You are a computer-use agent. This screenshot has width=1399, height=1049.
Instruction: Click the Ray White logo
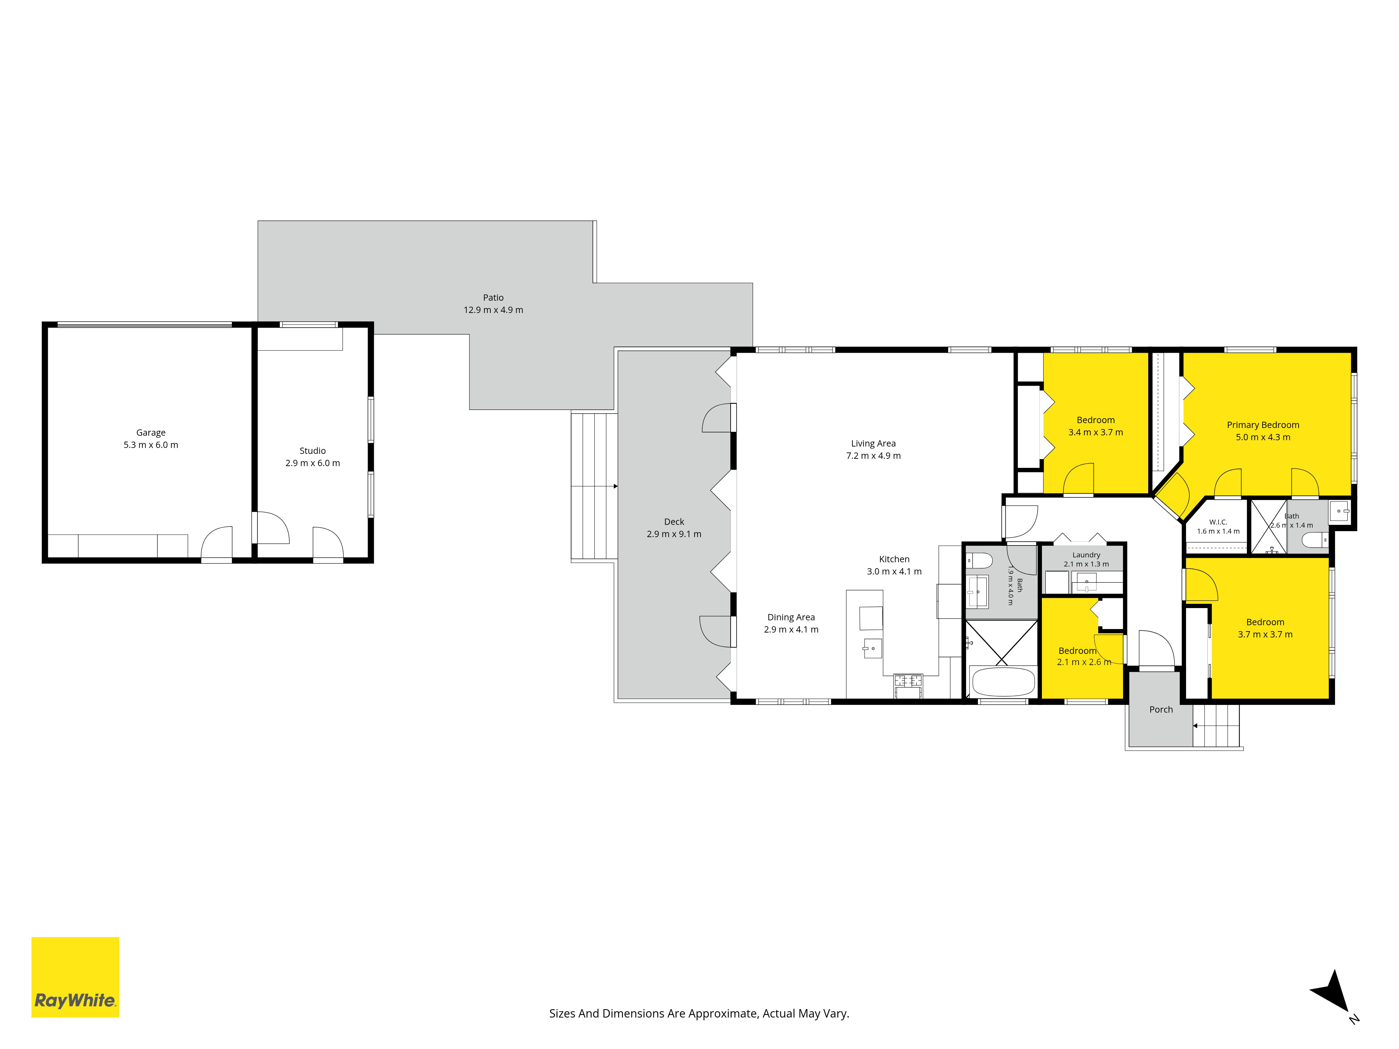point(75,977)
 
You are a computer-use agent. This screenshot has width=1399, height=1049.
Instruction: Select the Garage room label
point(150,433)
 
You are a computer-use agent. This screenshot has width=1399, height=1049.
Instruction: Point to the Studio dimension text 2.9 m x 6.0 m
point(312,463)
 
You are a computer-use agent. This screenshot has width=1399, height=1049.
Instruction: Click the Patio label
point(493,297)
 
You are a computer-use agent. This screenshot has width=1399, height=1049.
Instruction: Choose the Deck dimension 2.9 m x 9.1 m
point(674,534)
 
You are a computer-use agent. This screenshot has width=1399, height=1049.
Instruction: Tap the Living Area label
point(873,443)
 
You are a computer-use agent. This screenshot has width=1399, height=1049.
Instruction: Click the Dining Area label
point(791,617)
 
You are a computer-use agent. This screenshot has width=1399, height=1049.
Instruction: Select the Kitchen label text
point(894,559)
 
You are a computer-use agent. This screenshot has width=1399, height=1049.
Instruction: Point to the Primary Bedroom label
point(1263,425)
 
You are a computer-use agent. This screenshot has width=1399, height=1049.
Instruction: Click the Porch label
point(1160,709)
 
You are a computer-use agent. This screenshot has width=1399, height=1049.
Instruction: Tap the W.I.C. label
point(1218,522)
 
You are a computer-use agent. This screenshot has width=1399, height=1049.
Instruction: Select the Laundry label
point(1086,555)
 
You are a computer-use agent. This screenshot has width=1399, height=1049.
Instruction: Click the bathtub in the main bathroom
point(1003,682)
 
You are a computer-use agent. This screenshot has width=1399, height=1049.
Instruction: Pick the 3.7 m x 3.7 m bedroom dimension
point(1265,634)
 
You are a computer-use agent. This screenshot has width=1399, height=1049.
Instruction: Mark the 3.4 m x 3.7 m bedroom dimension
point(1095,433)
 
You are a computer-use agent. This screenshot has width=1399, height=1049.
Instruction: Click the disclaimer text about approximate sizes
point(699,1014)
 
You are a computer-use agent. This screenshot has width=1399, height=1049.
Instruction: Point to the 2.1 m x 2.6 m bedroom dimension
point(1084,662)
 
